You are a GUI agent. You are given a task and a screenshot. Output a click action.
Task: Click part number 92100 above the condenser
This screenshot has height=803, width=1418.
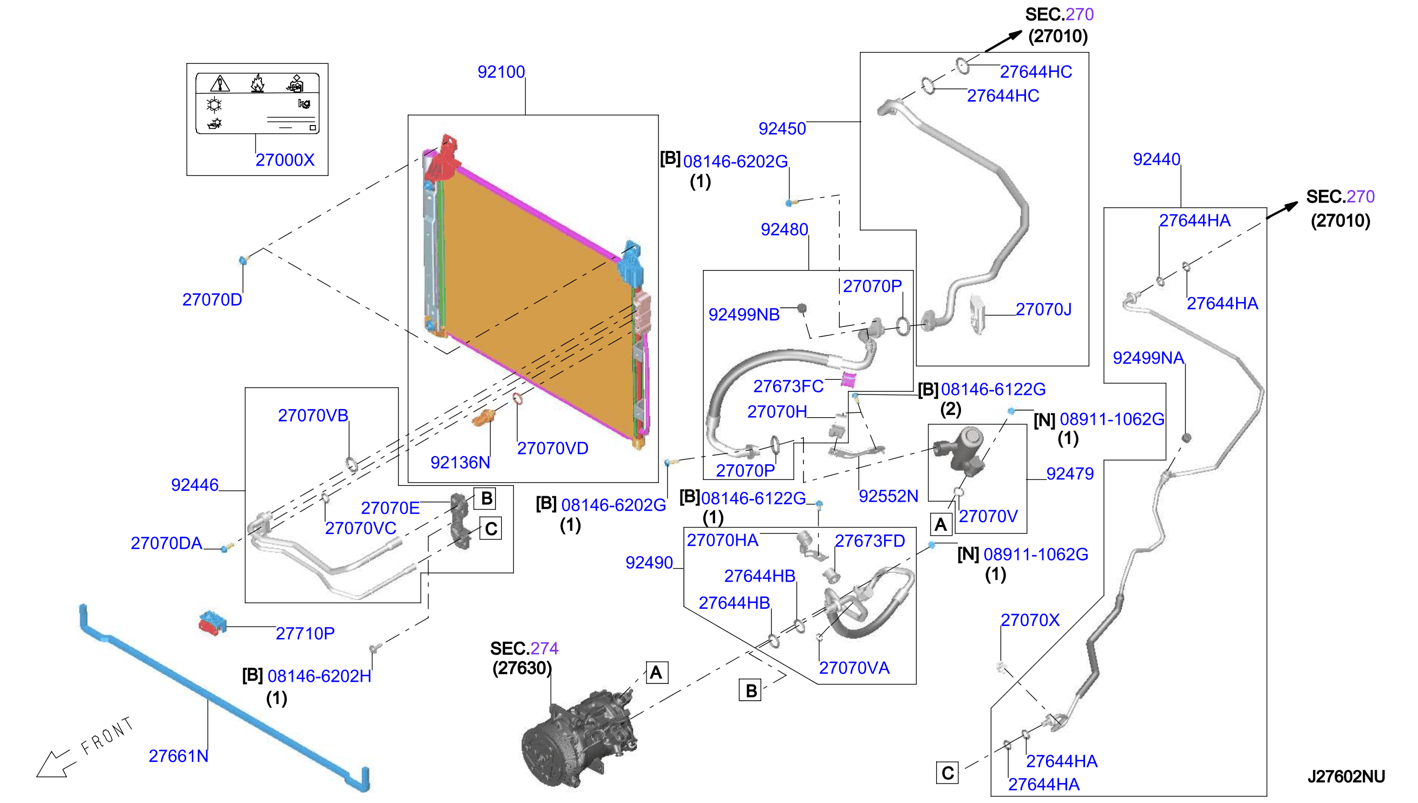coord(501,71)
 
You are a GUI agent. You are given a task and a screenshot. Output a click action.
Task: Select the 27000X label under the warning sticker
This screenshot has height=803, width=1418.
coord(285,160)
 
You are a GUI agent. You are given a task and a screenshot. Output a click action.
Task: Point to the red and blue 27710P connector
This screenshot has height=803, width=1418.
coord(212,623)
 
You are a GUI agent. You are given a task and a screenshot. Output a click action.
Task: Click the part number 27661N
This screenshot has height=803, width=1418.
coord(179,756)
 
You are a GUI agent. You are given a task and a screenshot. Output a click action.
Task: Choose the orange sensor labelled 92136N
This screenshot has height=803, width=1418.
coord(483,418)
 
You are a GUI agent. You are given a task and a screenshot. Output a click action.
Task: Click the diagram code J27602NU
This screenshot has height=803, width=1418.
coord(1346,776)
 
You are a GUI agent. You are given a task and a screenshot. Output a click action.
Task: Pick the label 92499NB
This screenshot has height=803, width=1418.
coord(744,314)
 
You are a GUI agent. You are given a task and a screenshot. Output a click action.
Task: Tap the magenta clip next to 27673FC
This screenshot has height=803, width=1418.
coord(848,379)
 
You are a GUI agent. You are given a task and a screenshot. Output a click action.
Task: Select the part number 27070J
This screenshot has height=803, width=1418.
coord(1043,310)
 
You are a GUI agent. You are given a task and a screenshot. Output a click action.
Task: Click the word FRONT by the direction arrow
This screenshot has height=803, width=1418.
coord(108,736)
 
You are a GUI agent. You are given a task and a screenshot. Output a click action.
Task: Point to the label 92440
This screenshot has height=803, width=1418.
coord(1156,160)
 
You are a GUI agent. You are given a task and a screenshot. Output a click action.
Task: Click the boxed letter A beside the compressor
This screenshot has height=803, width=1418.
coord(657,673)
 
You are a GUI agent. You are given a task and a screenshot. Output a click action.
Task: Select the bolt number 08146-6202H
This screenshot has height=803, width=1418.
coord(319,676)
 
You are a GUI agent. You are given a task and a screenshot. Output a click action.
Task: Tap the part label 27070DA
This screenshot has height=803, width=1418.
coord(166,543)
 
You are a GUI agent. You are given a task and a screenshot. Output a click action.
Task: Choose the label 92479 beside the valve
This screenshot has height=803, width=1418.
coord(1070,474)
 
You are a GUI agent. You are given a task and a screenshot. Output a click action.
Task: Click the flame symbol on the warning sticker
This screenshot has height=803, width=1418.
coord(257,84)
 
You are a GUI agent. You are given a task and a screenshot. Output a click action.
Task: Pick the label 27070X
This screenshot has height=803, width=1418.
coord(1030,620)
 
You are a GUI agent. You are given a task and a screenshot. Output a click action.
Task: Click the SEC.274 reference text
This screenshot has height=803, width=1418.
coord(524,648)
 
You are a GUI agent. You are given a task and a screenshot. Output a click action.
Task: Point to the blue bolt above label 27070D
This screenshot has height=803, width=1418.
coord(243,260)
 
